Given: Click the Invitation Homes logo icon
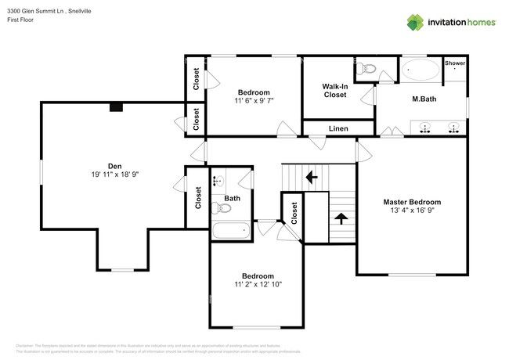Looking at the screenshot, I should point(417,23).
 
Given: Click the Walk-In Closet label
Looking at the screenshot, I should point(335,90).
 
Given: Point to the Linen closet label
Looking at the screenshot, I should point(338,128).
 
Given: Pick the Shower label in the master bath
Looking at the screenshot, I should point(455,63).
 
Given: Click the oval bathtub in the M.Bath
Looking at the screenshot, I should point(421,72).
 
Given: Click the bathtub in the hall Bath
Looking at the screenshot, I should point(230,230).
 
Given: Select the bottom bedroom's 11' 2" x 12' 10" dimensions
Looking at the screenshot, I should point(257,285).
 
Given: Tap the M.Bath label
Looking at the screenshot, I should point(424,99).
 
